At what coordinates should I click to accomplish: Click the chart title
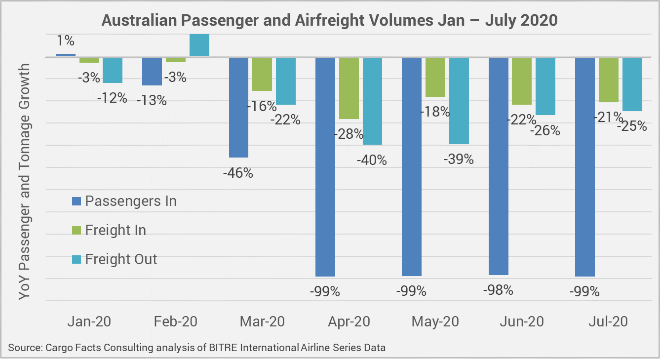330,20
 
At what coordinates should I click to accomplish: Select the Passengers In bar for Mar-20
238,107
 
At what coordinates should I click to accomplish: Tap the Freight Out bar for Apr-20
372,101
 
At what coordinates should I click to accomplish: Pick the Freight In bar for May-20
435,77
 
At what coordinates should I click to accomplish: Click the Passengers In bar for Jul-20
584,166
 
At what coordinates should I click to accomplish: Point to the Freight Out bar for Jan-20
112,70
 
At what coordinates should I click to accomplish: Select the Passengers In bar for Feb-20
152,72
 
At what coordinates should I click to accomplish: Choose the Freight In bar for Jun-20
522,81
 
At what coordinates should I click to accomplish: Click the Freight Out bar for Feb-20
199,45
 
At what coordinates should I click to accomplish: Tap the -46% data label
238,173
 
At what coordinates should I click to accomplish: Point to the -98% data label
498,290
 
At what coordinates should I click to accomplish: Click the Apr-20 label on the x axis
349,321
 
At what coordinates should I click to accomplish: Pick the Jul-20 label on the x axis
608,321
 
